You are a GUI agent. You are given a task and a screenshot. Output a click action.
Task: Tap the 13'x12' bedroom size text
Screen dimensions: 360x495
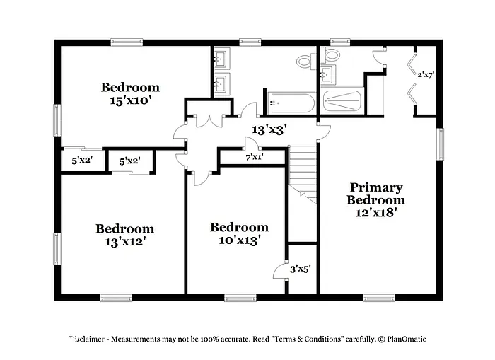(x=125, y=242)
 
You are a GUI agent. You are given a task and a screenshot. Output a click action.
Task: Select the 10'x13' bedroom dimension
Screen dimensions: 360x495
(x=239, y=240)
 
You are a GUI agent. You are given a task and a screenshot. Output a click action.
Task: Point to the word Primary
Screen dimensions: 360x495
(x=376, y=187)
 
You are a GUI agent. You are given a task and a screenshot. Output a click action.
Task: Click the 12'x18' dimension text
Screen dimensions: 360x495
(x=376, y=213)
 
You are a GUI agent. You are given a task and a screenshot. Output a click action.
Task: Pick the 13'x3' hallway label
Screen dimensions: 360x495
(x=269, y=129)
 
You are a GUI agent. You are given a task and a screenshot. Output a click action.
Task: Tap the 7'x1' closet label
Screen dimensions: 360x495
(x=254, y=157)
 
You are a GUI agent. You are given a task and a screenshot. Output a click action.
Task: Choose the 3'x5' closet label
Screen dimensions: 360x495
(x=301, y=269)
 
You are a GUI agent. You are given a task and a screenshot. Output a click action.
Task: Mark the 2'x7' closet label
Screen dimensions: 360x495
(x=426, y=74)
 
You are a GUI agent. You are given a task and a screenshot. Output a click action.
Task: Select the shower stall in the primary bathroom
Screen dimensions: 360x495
(x=343, y=100)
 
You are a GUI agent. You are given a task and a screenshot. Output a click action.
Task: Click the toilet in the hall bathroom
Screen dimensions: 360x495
(x=307, y=62)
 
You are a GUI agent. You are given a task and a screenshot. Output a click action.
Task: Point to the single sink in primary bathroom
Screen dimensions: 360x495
(x=328, y=74)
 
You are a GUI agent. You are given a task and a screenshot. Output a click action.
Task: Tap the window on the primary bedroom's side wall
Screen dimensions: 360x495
(x=439, y=144)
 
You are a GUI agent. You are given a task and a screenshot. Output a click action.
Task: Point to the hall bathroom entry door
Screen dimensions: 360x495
(x=248, y=111)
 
